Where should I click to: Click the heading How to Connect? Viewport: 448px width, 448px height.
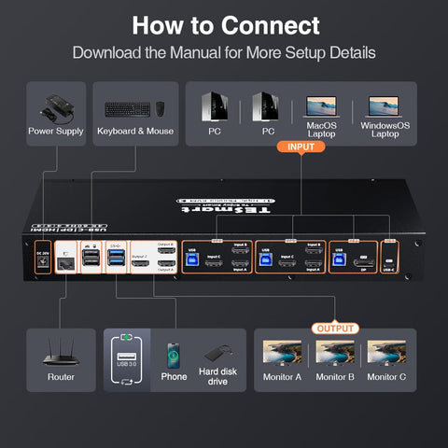(x=224, y=25)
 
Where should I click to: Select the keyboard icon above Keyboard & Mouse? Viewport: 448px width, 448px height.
(x=125, y=108)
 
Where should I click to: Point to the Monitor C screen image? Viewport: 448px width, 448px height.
(x=385, y=352)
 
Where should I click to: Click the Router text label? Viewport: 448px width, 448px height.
(x=61, y=377)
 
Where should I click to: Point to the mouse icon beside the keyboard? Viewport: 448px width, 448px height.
(x=160, y=107)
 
